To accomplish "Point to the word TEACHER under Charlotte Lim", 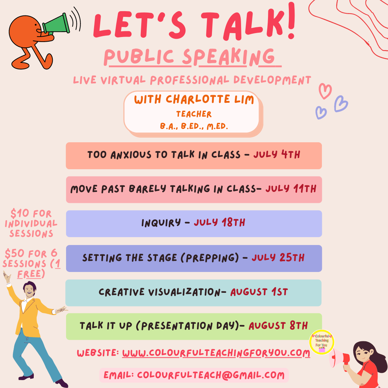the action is [194, 114].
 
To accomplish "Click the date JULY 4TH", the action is [277, 154].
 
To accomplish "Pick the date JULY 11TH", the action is [291, 189].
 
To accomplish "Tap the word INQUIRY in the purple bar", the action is [161, 223].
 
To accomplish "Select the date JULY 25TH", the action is [278, 258].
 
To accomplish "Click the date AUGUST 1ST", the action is [259, 292].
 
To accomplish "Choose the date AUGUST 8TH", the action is [278, 325].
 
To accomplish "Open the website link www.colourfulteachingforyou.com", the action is [216, 353].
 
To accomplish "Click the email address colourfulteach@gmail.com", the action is [211, 375].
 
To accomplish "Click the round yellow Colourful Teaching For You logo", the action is [322, 342].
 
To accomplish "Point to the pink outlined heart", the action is [325, 91].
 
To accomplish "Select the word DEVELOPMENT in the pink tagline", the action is [272, 80].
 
